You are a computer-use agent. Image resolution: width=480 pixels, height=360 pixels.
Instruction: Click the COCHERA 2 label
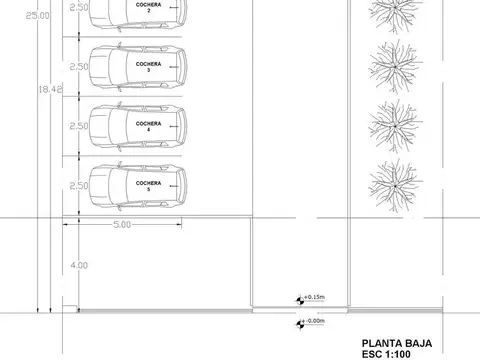pos(148,7)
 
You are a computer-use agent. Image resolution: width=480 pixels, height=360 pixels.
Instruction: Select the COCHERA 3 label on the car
pos(148,66)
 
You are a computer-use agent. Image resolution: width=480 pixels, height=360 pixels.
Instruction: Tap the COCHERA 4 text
pos(148,126)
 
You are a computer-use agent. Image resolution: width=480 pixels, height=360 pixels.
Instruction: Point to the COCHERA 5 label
pos(148,186)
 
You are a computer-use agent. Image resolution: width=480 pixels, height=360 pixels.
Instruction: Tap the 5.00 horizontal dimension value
pos(121,225)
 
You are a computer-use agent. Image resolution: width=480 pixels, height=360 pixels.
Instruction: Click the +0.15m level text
pos(315,298)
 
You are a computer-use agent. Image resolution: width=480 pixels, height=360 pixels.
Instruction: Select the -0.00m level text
pos(315,321)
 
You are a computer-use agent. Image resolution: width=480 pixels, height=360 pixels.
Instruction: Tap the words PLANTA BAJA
pos(397,342)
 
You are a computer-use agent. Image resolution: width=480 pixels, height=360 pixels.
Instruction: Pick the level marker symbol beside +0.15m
pos(299,298)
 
